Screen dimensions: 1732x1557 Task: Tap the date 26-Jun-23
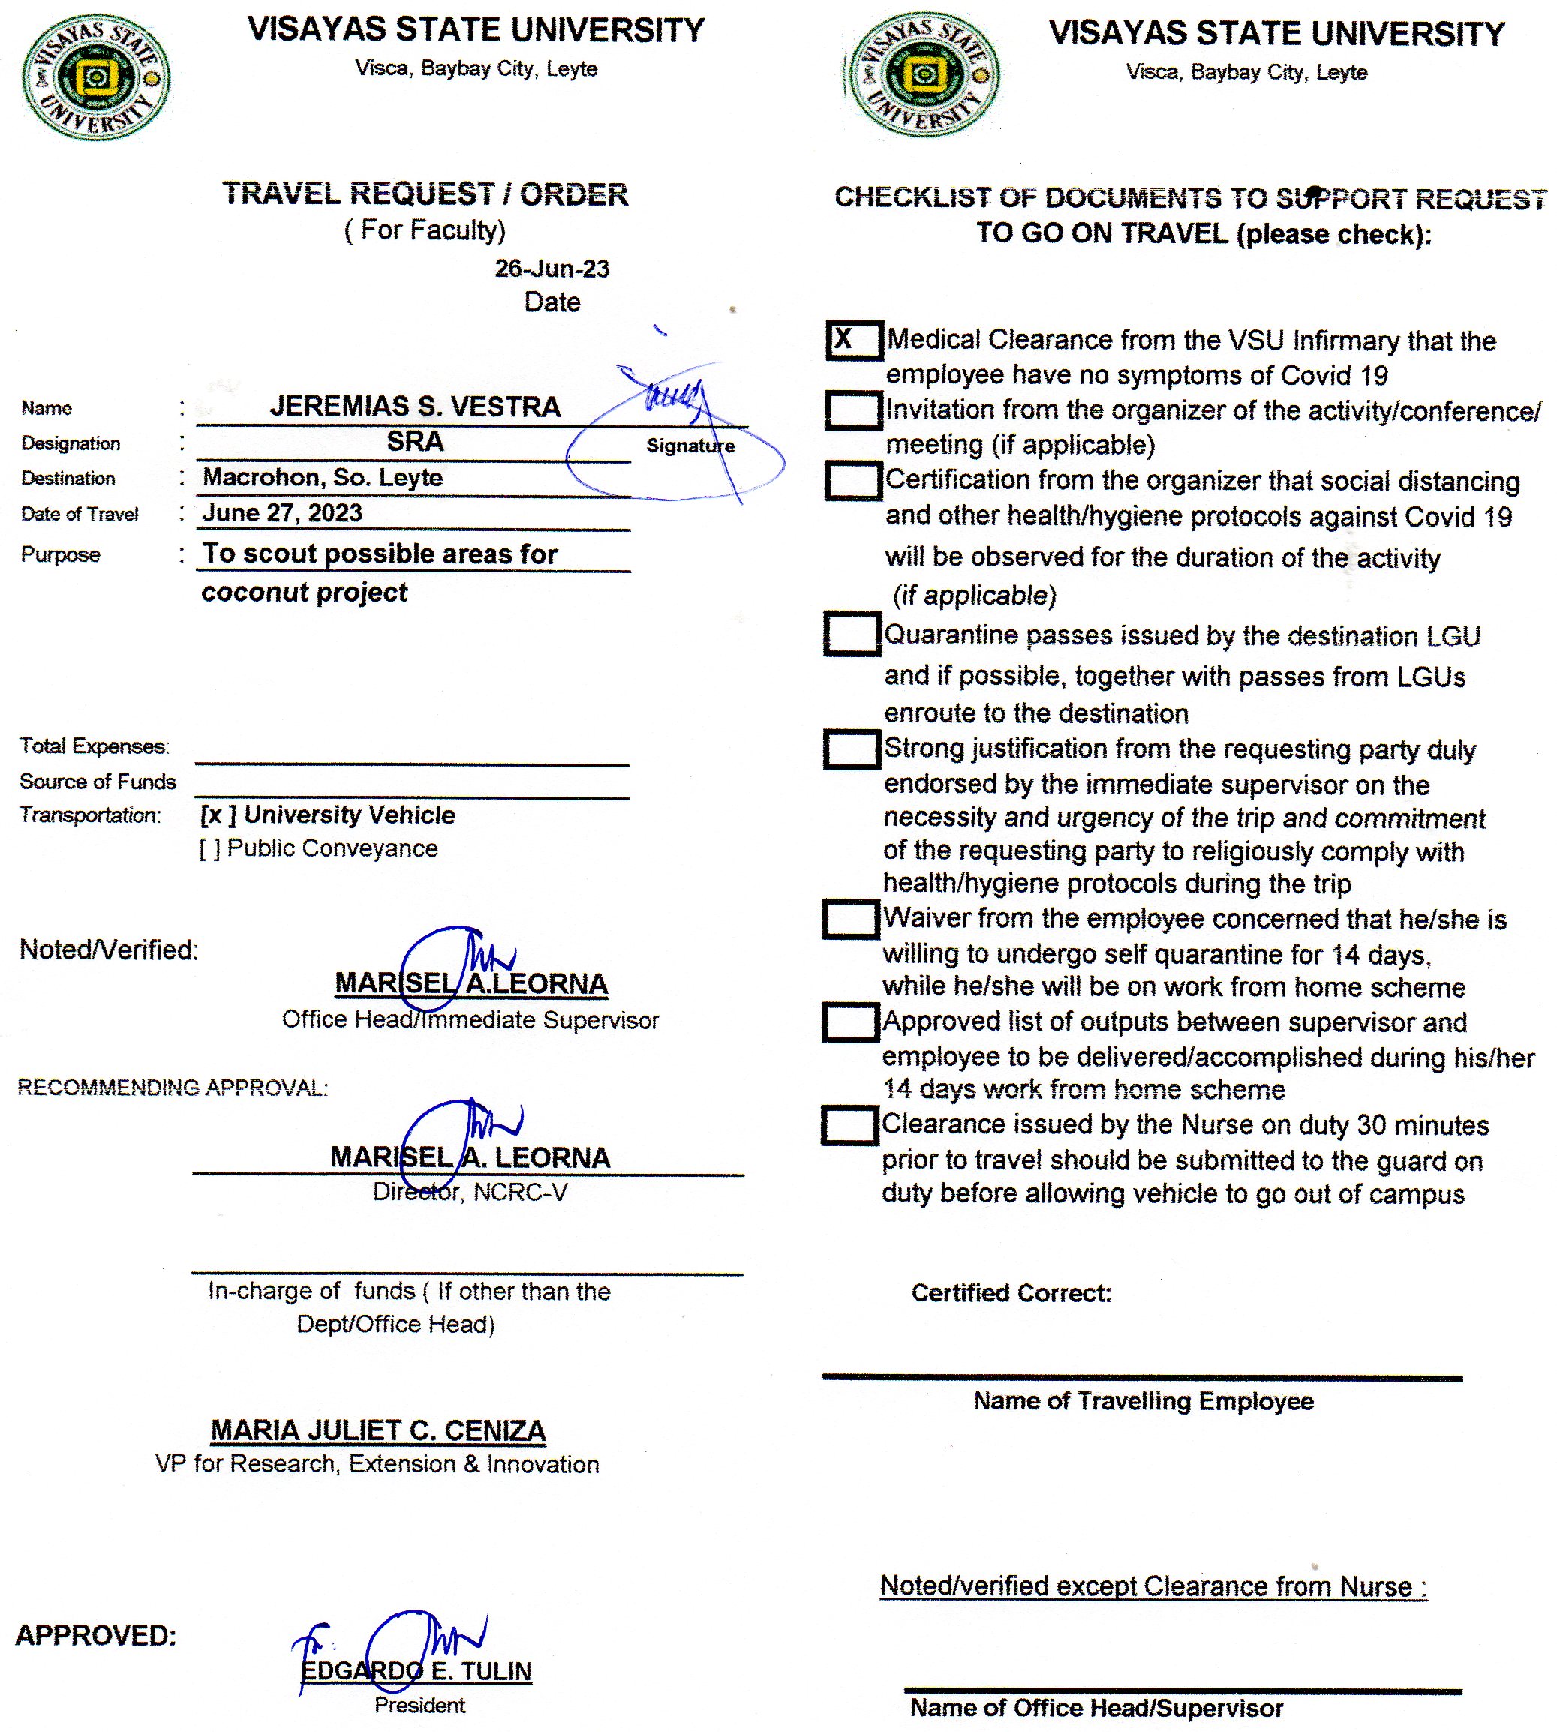click(x=552, y=269)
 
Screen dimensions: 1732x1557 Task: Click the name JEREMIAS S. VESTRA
click(x=415, y=407)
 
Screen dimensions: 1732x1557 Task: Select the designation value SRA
click(x=415, y=441)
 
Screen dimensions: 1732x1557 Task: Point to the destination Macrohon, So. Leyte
click(x=323, y=477)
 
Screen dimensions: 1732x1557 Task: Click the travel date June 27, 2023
click(x=282, y=513)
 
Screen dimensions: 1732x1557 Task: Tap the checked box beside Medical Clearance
click(x=853, y=341)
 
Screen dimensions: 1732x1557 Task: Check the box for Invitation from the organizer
click(x=853, y=410)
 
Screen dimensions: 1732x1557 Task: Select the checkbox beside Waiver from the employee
click(x=849, y=920)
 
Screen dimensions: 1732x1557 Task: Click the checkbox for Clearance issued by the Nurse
click(x=849, y=1126)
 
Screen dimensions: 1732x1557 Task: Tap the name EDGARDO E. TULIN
click(x=416, y=1671)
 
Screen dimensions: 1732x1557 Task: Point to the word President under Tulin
click(x=419, y=1706)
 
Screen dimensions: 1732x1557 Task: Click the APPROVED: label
click(x=96, y=1635)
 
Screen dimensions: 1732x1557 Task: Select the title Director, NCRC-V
click(x=470, y=1193)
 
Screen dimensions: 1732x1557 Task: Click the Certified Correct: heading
click(x=1011, y=1293)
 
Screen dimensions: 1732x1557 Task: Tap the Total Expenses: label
click(x=94, y=746)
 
